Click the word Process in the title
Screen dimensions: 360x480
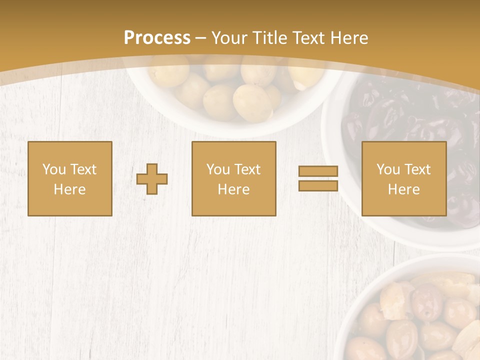(157, 38)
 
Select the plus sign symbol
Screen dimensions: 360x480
(152, 178)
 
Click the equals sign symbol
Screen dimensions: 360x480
(318, 178)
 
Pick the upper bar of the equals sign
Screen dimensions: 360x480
(318, 171)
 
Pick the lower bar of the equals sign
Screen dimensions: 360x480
(318, 185)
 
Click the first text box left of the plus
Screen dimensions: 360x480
(69, 178)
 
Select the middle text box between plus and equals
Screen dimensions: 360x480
(233, 178)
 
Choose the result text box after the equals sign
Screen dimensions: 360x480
(403, 178)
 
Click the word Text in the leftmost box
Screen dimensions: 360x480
(83, 169)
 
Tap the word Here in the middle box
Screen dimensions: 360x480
(233, 189)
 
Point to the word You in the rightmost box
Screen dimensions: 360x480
(388, 169)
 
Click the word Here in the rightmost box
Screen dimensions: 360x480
(403, 189)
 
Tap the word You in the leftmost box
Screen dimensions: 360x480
(54, 169)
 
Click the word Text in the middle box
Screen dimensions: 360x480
(247, 169)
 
